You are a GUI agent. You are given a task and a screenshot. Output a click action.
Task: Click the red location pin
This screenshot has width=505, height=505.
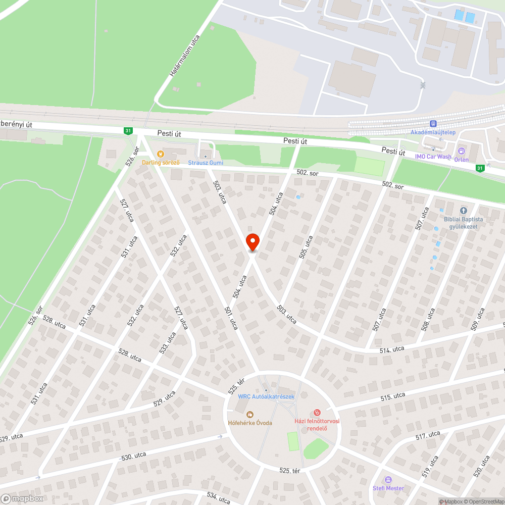click(x=252, y=242)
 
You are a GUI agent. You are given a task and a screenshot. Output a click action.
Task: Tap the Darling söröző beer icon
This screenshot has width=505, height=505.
click(x=160, y=154)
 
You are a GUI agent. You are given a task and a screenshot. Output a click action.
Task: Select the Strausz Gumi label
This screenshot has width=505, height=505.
click(x=206, y=163)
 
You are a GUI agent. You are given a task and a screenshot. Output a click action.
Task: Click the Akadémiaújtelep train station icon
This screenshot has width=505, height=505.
click(x=433, y=124)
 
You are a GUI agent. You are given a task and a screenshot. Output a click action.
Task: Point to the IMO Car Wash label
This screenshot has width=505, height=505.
click(x=433, y=157)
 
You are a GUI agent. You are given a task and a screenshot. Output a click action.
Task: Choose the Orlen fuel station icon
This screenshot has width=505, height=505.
click(x=461, y=151)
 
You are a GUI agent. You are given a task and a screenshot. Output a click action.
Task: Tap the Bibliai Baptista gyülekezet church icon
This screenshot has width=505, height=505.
click(x=463, y=211)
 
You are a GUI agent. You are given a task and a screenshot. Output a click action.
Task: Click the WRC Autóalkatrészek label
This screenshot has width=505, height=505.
click(x=266, y=396)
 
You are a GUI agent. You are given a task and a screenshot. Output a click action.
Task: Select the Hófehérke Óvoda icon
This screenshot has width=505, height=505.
click(x=249, y=414)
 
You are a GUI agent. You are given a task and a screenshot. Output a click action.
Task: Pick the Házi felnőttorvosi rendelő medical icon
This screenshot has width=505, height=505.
click(x=317, y=413)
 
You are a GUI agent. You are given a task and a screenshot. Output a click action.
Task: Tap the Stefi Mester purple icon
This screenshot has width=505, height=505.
click(x=388, y=480)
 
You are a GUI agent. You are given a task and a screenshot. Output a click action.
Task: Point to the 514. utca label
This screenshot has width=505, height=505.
click(x=392, y=349)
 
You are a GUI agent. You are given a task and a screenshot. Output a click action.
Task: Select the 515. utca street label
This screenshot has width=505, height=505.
click(x=393, y=397)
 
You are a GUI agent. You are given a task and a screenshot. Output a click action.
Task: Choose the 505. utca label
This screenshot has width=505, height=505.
click(x=306, y=247)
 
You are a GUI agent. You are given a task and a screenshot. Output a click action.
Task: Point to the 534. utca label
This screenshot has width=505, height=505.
click(x=218, y=497)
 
